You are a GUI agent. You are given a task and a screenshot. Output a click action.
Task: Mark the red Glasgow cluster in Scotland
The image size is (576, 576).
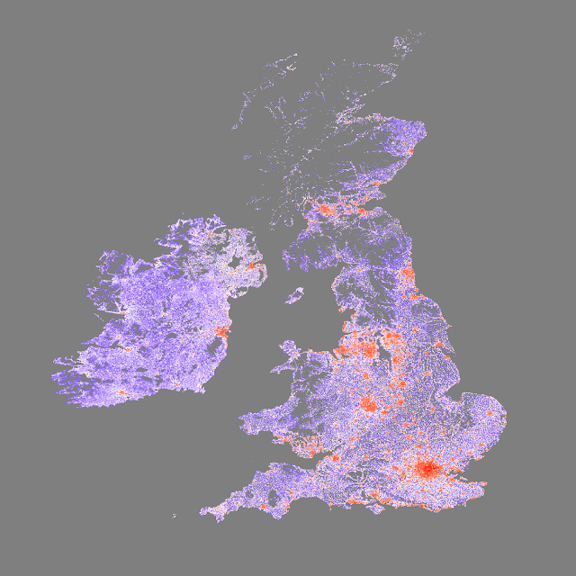click(x=322, y=213)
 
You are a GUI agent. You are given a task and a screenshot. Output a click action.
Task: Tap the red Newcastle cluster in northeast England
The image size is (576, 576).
click(x=408, y=274)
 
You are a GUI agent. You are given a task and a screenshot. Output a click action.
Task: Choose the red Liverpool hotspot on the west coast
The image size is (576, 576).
click(x=346, y=346)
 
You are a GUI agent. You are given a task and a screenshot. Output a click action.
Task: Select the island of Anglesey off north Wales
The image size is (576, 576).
click(x=289, y=347)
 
